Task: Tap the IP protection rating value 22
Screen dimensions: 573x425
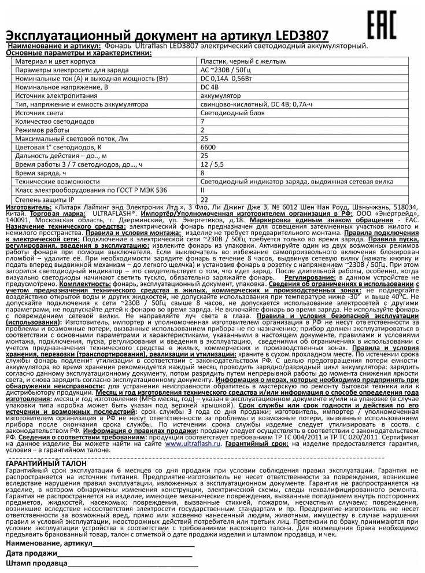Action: [204, 199]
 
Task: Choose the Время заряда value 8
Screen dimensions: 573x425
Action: [202, 173]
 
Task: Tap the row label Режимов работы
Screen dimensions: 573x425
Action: [43, 130]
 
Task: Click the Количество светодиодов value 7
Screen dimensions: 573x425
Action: [202, 122]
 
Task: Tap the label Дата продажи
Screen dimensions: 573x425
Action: [31, 554]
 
